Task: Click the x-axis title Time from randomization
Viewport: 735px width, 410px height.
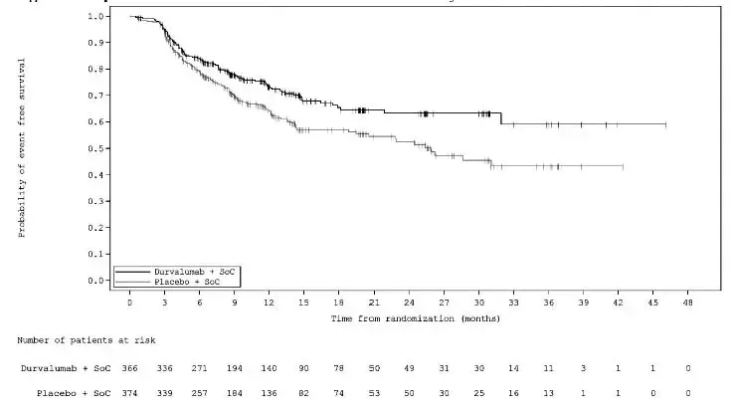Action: [x=416, y=318]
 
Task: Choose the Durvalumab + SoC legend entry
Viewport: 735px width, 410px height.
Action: [x=194, y=271]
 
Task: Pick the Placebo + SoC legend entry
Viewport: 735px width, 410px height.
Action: [x=189, y=281]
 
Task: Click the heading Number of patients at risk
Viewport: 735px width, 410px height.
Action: [x=71, y=340]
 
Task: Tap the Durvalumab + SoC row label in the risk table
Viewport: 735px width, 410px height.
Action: [x=62, y=368]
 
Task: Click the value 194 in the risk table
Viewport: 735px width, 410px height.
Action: [x=235, y=368]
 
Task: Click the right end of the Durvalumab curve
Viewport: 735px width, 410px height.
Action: [x=665, y=124]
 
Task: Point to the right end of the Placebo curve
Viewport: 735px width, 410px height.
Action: [x=623, y=166]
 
